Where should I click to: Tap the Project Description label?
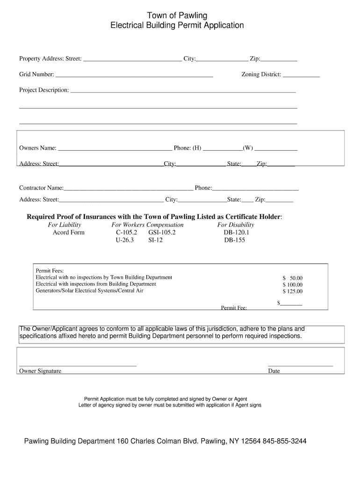pyautogui.click(x=44, y=90)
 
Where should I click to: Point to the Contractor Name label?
pyautogui.click(x=41, y=188)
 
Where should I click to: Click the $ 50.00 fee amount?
pyautogui.click(x=293, y=278)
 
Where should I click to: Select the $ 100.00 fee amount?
pyautogui.click(x=293, y=284)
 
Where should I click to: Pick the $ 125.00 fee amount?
pyautogui.click(x=293, y=291)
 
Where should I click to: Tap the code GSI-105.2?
pyautogui.click(x=162, y=232)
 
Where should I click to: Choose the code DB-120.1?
pyautogui.click(x=237, y=232)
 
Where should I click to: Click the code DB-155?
pyautogui.click(x=234, y=240)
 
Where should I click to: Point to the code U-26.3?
pyautogui.click(x=125, y=240)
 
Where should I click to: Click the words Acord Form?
pyautogui.click(x=69, y=232)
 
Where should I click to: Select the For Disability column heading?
pyautogui.click(x=236, y=225)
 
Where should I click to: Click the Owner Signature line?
pyautogui.click(x=78, y=365)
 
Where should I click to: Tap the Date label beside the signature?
pyautogui.click(x=274, y=371)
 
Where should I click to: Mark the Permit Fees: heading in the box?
pyautogui.click(x=50, y=271)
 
